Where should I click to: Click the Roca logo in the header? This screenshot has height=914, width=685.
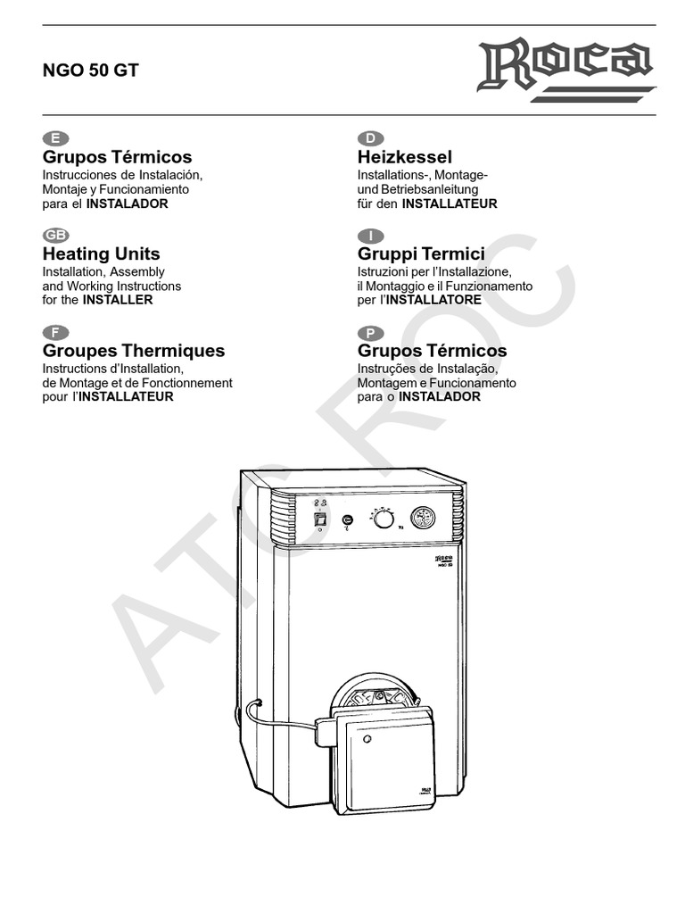click(x=567, y=68)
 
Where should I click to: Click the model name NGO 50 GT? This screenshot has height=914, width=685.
click(x=91, y=71)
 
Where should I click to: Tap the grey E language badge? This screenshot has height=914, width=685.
click(x=55, y=137)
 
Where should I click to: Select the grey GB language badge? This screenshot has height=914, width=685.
click(x=56, y=236)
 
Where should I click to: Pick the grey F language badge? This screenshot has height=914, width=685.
click(x=55, y=333)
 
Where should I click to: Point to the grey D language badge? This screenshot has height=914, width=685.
click(x=369, y=137)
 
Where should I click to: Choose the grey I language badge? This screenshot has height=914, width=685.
click(x=369, y=236)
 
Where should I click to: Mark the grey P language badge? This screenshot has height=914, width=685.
click(x=369, y=333)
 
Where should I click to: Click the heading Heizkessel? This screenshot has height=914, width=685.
click(x=405, y=157)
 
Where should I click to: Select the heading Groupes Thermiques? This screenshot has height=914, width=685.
click(x=134, y=351)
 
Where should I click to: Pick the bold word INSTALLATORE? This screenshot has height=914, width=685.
click(x=437, y=300)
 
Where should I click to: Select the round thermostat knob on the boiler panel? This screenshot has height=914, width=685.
click(x=384, y=519)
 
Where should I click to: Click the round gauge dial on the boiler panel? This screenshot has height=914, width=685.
click(x=424, y=519)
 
